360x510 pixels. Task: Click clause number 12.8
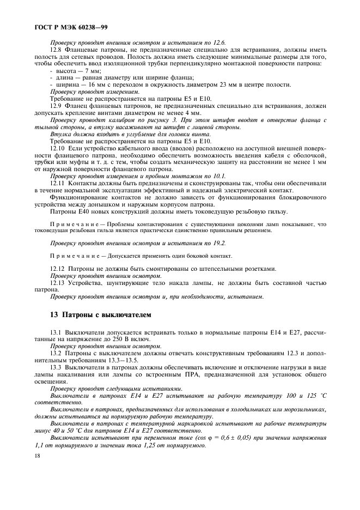point(57,49)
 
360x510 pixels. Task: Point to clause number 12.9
point(57,106)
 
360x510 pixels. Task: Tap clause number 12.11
point(58,183)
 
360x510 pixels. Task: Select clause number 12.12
point(58,269)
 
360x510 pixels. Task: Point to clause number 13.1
point(56,332)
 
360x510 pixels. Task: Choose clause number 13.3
point(56,367)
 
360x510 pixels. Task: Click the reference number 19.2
point(219,242)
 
